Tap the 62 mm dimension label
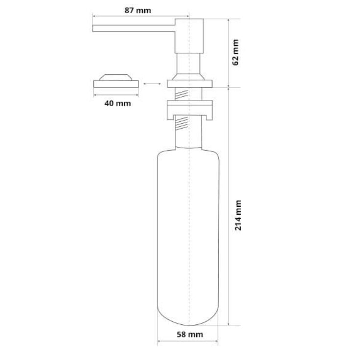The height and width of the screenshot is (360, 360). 236,53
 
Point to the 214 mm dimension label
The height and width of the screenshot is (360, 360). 238,215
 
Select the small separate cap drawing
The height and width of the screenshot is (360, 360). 116,81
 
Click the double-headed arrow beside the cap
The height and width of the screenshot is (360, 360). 153,84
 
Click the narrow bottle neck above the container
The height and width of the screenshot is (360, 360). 189,139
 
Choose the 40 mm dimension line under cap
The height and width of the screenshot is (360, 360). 116,95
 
